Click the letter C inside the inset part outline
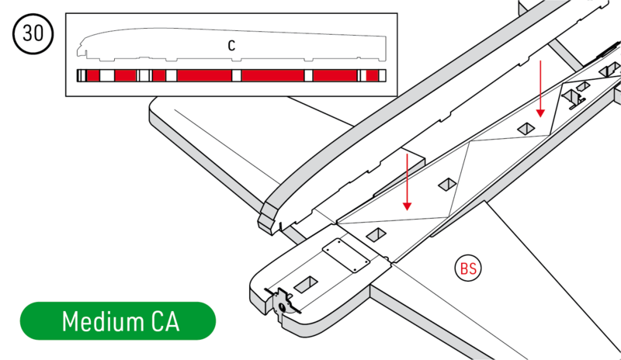[x=231, y=46]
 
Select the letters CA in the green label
[x=161, y=321]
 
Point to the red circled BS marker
[x=468, y=268]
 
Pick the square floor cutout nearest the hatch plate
[x=377, y=233]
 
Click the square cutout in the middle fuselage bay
[x=446, y=184]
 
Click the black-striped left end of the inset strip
[x=81, y=75]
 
